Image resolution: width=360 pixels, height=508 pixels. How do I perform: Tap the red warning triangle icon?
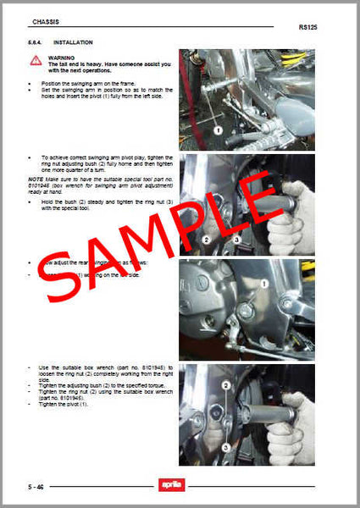pos(36,60)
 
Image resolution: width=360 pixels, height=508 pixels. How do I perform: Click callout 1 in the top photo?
pos(217,131)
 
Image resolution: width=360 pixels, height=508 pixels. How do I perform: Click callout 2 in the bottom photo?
pos(225,385)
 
